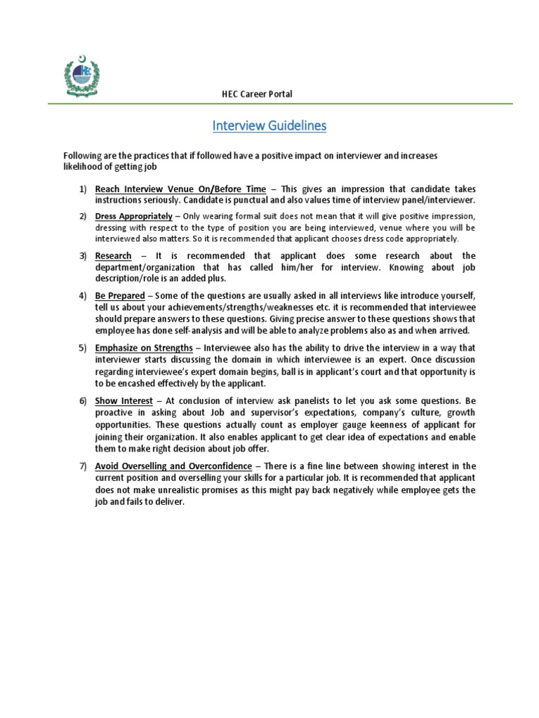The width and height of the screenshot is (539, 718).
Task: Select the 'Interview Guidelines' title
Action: pyautogui.click(x=269, y=126)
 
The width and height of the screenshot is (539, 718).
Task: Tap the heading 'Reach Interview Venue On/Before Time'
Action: pyautogui.click(x=180, y=189)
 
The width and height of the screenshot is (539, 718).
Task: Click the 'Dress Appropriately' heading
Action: pyautogui.click(x=133, y=216)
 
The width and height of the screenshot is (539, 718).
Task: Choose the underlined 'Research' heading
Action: pyautogui.click(x=113, y=255)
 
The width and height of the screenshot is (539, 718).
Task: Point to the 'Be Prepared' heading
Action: pyautogui.click(x=120, y=295)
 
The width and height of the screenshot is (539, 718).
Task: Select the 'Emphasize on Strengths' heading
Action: pyautogui.click(x=144, y=348)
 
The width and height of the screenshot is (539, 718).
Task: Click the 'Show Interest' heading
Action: pyautogui.click(x=124, y=400)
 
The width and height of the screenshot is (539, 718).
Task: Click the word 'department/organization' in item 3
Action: pyautogui.click(x=144, y=268)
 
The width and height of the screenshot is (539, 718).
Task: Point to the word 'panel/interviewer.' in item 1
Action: pyautogui.click(x=436, y=201)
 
